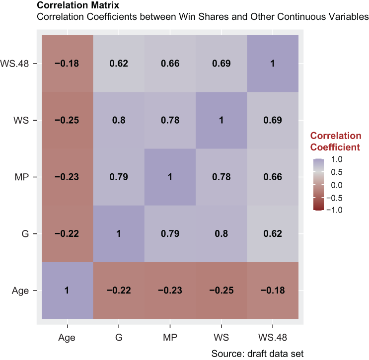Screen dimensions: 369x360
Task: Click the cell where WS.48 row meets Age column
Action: [x=68, y=64]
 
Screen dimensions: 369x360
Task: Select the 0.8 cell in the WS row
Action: [x=119, y=120]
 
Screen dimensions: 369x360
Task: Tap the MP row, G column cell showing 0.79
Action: [x=119, y=177]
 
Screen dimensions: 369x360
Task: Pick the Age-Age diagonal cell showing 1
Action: [x=68, y=290]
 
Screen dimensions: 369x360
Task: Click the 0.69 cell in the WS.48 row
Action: [x=221, y=64]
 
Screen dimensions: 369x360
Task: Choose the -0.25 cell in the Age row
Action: [x=221, y=290]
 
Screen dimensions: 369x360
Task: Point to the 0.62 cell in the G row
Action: [x=273, y=234]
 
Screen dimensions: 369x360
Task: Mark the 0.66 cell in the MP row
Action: [x=273, y=177]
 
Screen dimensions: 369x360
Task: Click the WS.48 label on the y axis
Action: [x=14, y=64]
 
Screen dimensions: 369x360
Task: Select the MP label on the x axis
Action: [x=170, y=338]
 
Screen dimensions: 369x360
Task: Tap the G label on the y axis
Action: [x=25, y=234]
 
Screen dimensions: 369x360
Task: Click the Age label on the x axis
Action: [x=67, y=338]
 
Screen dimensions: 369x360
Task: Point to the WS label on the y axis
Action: [x=21, y=120]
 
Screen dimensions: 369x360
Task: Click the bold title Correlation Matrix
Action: [x=78, y=5]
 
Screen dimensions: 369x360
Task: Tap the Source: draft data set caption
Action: [x=257, y=354]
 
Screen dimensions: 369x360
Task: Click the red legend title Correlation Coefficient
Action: [x=336, y=142]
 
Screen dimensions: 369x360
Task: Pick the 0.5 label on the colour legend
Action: [x=337, y=172]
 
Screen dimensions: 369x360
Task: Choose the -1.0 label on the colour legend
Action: [x=334, y=210]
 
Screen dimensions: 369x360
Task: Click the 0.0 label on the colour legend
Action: [x=337, y=185]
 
